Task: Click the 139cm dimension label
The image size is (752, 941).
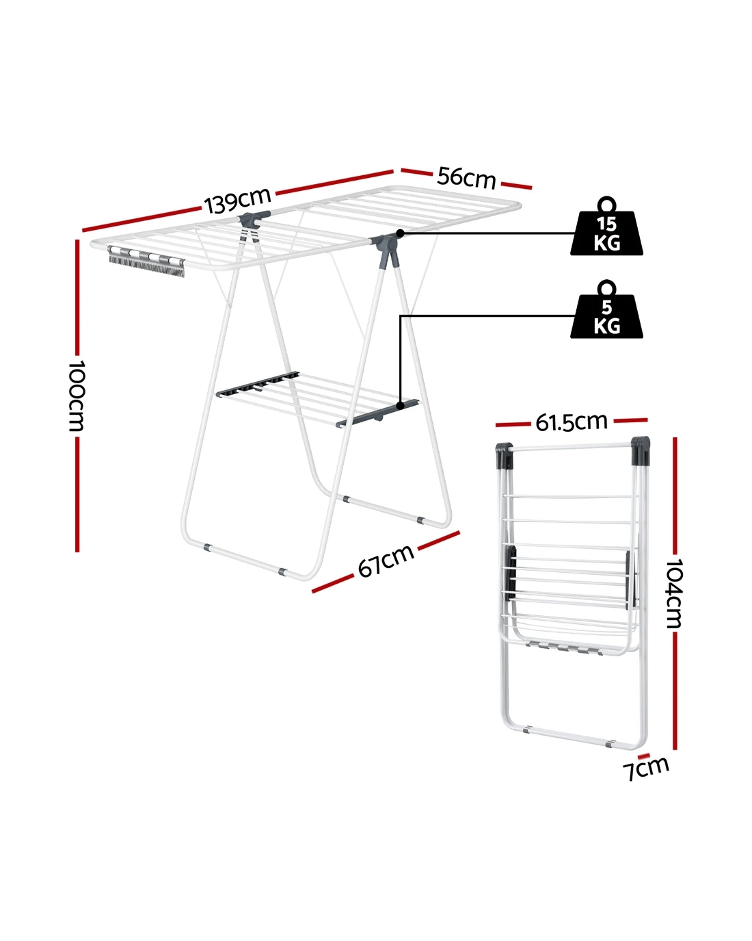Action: [x=237, y=201]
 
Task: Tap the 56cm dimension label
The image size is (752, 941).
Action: [x=466, y=179]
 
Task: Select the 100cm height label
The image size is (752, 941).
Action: [x=77, y=396]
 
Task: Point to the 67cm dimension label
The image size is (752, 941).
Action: [x=386, y=560]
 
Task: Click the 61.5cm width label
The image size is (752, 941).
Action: [x=572, y=422]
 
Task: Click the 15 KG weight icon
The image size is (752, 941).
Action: [x=606, y=227]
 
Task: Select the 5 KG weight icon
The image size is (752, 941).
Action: [x=606, y=309]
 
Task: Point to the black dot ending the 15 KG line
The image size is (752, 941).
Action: [x=400, y=233]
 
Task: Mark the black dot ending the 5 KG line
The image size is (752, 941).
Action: [x=400, y=406]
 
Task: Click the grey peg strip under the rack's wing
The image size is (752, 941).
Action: [x=146, y=261]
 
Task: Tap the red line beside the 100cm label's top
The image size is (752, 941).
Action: [x=77, y=296]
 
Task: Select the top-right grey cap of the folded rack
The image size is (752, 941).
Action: [x=641, y=451]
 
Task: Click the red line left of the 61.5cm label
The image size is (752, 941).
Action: [x=513, y=424]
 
